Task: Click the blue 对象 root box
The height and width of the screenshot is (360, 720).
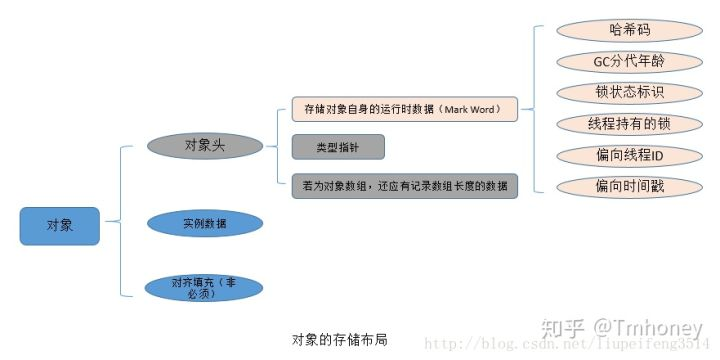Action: pyautogui.click(x=60, y=226)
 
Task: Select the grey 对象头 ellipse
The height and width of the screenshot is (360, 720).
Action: pyautogui.click(x=205, y=146)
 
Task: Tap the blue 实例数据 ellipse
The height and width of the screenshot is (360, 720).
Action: pyautogui.click(x=205, y=223)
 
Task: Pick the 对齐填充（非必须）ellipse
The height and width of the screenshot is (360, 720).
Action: pyautogui.click(x=204, y=288)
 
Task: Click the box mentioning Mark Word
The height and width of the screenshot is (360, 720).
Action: pyautogui.click(x=404, y=109)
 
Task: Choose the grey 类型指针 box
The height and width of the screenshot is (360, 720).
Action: pyautogui.click(x=338, y=147)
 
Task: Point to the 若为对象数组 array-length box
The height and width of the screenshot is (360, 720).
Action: pyautogui.click(x=404, y=185)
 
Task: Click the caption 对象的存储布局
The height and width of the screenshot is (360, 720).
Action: pyautogui.click(x=339, y=339)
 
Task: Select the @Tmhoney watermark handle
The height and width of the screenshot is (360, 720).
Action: pyautogui.click(x=650, y=327)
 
